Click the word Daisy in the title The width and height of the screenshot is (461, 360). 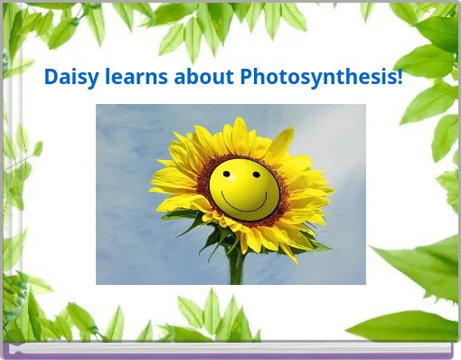click(69, 78)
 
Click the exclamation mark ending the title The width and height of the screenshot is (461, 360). click(400, 78)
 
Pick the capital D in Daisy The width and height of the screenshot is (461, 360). click(52, 78)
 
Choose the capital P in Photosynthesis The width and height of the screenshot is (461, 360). click(247, 78)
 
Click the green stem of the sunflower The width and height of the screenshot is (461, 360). click(237, 267)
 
